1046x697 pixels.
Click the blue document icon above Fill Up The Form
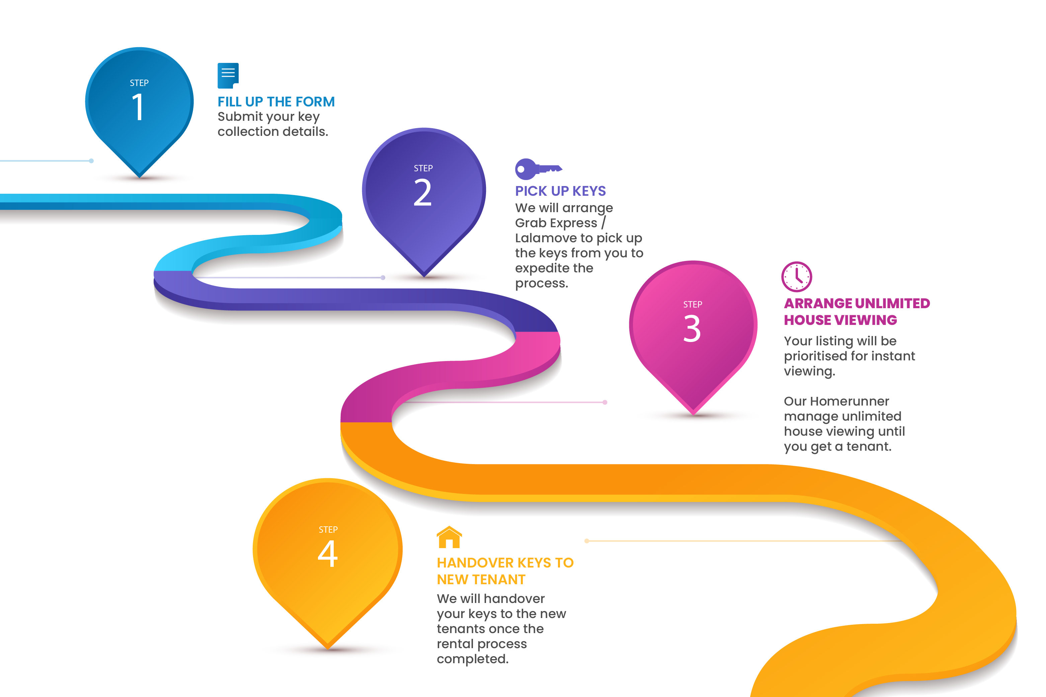point(228,75)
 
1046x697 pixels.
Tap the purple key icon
point(538,169)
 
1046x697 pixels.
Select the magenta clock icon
point(796,276)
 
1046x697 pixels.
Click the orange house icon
point(449,537)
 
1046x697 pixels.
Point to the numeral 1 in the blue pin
point(138,107)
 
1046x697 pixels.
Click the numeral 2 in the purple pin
point(422,192)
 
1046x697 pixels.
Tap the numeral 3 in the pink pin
point(692,329)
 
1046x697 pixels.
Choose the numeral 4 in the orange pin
point(328,554)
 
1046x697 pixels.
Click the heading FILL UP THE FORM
point(276,102)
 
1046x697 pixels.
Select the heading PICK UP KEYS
point(560,191)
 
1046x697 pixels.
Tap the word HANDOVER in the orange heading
point(475,563)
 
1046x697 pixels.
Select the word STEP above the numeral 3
point(693,304)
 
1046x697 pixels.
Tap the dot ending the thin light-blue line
point(91,161)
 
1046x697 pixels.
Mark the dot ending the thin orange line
point(587,541)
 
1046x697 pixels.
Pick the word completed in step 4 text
point(473,659)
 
